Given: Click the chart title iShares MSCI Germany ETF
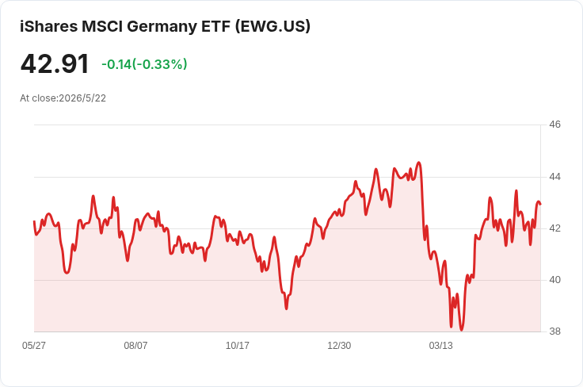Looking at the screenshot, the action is click(x=125, y=26).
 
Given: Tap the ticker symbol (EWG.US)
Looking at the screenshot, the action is click(x=272, y=26).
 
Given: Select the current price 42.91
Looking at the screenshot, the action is click(x=55, y=63).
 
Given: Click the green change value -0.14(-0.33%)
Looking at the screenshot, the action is click(x=144, y=64).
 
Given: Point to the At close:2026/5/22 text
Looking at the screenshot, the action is click(x=63, y=98).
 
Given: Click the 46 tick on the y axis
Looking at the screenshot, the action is click(x=554, y=125).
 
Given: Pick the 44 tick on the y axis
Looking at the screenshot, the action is click(x=554, y=177).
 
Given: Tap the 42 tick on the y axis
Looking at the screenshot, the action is click(x=554, y=228).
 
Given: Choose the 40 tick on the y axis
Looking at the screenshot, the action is click(x=554, y=280).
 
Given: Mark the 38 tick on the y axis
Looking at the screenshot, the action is click(x=554, y=331).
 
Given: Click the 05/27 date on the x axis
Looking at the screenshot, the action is click(x=34, y=346).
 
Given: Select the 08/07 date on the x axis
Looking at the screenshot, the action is click(x=135, y=346).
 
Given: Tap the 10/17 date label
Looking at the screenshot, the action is click(x=237, y=346).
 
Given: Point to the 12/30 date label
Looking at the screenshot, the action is click(x=339, y=346).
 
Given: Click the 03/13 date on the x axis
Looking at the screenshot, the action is click(x=441, y=346).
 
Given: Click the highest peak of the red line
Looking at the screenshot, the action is click(x=419, y=163).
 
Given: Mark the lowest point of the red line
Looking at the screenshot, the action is click(x=462, y=330).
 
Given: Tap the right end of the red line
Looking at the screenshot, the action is click(x=540, y=204).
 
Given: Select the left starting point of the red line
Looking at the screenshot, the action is click(x=34, y=221).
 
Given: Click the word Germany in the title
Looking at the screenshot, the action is click(x=162, y=26).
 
